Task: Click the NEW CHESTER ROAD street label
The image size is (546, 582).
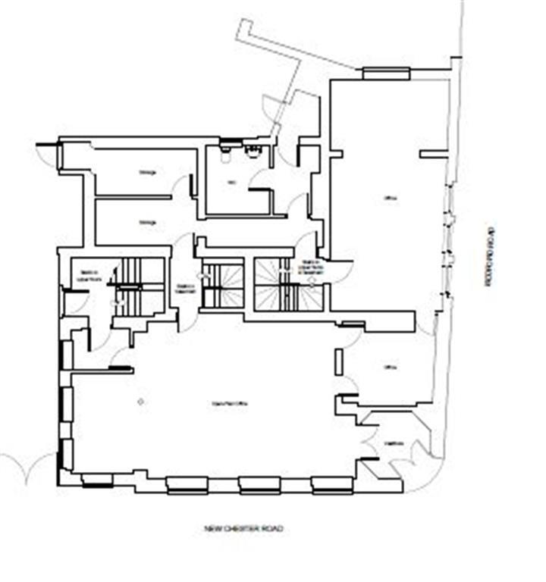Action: click(x=243, y=528)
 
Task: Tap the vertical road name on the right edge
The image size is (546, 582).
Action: click(x=491, y=255)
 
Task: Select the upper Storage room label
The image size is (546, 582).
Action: click(x=147, y=173)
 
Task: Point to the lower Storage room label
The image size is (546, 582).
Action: click(x=147, y=222)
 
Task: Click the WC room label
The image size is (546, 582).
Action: click(x=232, y=183)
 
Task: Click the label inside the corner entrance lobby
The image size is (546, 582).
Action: click(x=392, y=443)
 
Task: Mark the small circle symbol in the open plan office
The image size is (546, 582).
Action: click(x=140, y=400)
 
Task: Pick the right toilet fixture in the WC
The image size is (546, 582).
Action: click(x=253, y=152)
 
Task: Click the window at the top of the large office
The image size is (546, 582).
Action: click(x=386, y=74)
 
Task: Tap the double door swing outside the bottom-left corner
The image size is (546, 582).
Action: click(x=28, y=468)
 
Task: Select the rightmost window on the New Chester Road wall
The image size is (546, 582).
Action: click(x=332, y=486)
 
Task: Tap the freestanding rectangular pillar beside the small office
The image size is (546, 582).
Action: click(x=337, y=363)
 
